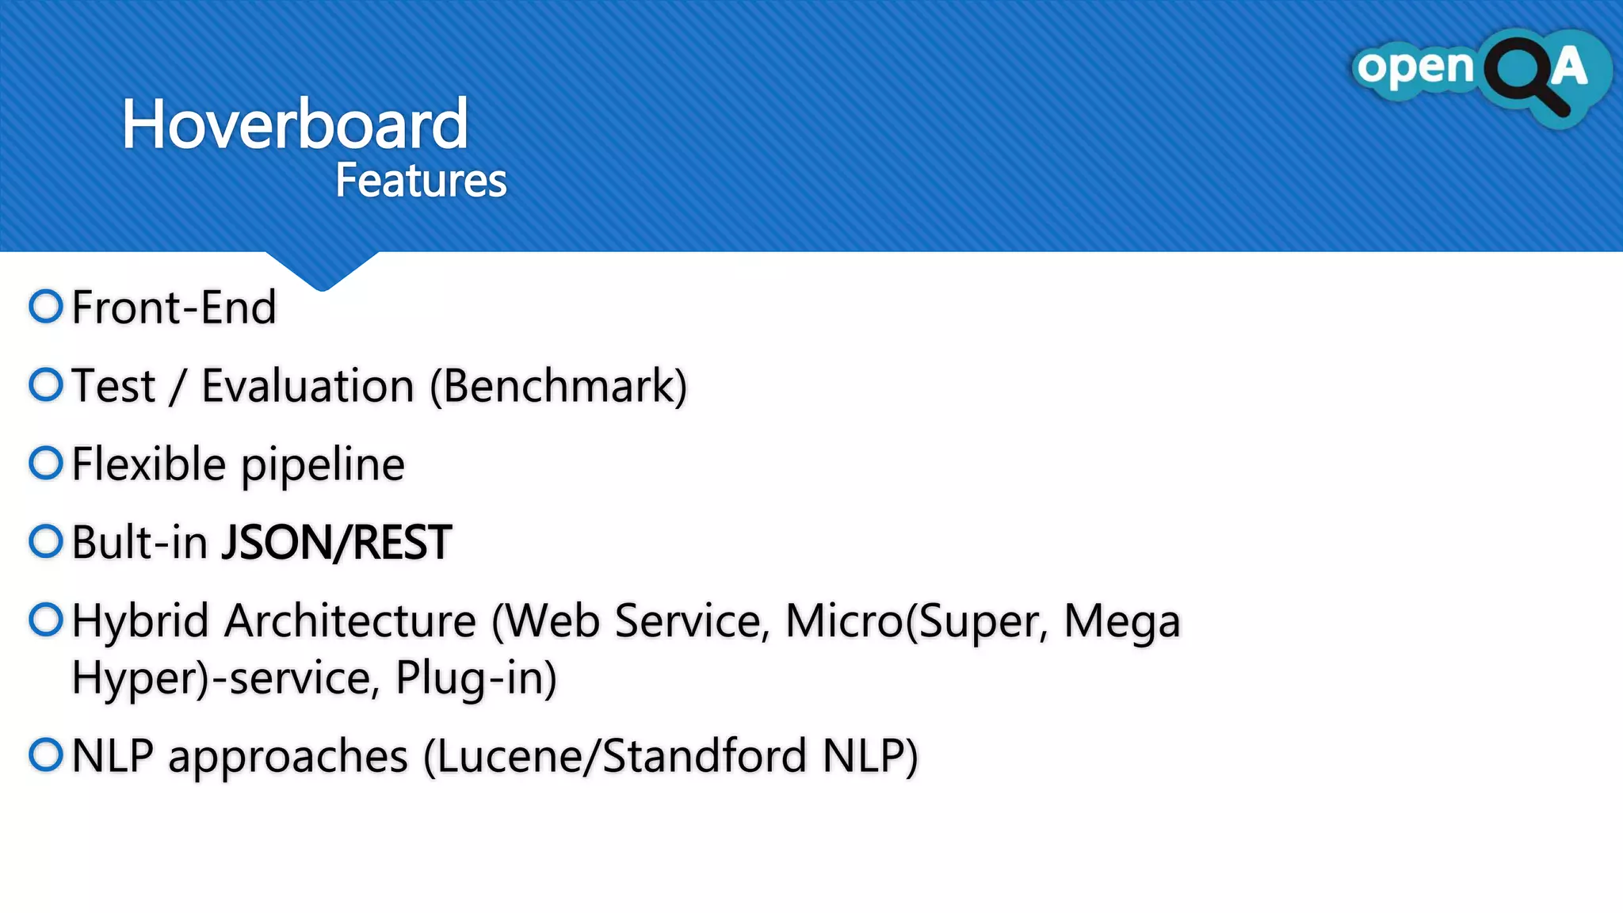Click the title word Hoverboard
coord(295,124)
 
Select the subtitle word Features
coord(421,181)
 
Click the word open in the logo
coord(1415,68)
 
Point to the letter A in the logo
coord(1569,67)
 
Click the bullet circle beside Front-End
coord(46,307)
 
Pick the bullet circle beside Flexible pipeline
coord(46,463)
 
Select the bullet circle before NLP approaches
coord(46,754)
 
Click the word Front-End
coord(174,308)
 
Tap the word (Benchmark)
coord(559,387)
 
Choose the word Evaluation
coord(307,387)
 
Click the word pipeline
coord(323,466)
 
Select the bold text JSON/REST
coord(336,543)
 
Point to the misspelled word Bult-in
coord(140,543)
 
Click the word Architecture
coord(350,621)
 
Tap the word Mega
coord(1121,622)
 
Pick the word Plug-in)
coord(476,679)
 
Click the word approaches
coord(288,758)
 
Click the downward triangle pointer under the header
coord(322,270)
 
